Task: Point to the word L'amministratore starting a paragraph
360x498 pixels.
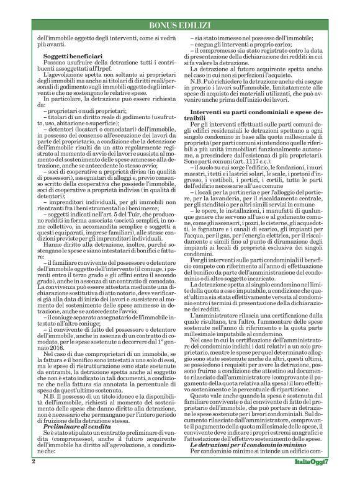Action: tap(218, 333)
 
